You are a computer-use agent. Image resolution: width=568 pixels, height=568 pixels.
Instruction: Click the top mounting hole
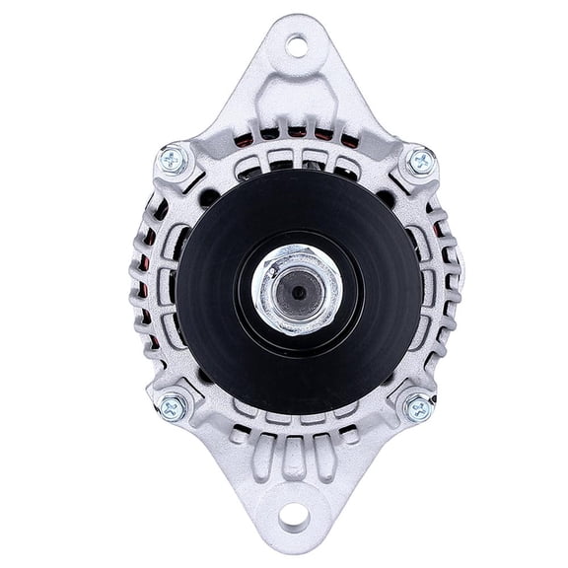click(x=295, y=44)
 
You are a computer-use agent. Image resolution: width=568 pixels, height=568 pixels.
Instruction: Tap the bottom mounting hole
click(x=294, y=515)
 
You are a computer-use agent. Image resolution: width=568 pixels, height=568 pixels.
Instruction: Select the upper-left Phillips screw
click(x=175, y=159)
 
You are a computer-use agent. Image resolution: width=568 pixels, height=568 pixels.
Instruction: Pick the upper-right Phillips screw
click(x=419, y=160)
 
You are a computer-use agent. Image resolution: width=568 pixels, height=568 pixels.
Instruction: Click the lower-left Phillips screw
click(x=174, y=404)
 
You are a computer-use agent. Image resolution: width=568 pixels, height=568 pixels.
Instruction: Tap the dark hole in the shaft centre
click(x=296, y=289)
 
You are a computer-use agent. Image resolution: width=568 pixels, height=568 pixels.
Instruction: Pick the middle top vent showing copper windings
click(x=295, y=132)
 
